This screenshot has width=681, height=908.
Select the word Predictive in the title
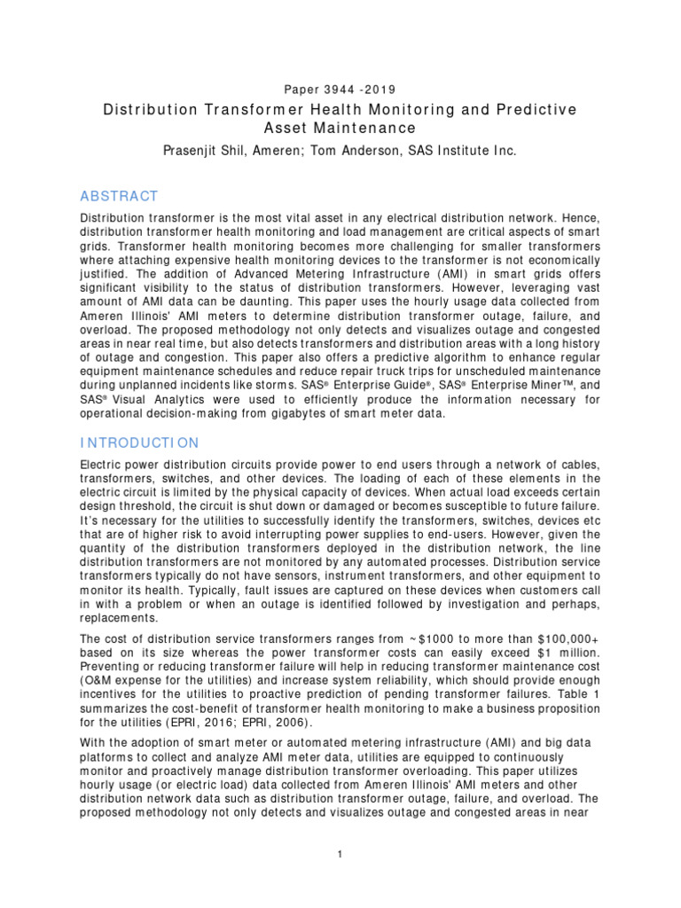(x=534, y=109)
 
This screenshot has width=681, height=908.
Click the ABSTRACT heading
(x=119, y=196)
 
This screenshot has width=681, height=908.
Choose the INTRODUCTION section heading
(x=140, y=442)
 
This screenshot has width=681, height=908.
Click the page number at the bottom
(x=340, y=854)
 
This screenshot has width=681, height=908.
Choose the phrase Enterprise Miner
(x=521, y=387)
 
